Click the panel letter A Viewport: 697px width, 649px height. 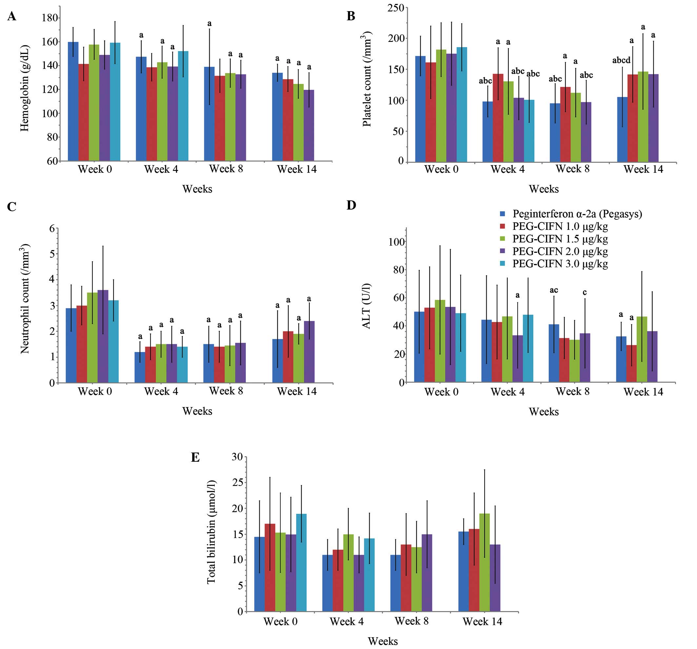pos(11,16)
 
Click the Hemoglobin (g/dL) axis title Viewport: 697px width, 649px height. pos(25,88)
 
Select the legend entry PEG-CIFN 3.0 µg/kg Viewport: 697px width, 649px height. pos(560,264)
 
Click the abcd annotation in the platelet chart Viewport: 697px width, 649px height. pos(621,60)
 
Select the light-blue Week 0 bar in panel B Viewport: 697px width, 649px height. pos(462,104)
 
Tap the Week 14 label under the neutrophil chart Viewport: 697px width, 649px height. pos(297,391)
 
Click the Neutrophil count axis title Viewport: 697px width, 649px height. pos(25,299)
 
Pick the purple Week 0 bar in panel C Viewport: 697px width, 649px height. pos(103,336)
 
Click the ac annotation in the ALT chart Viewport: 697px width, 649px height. pos(554,290)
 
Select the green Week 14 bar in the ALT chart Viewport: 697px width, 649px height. pos(642,349)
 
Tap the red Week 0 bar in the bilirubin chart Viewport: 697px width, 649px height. pos(270,568)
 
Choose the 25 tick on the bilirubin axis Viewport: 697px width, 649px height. pos(237,483)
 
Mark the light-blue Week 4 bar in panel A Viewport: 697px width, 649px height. pos(183,106)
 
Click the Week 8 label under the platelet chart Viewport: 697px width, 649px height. pos(572,169)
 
